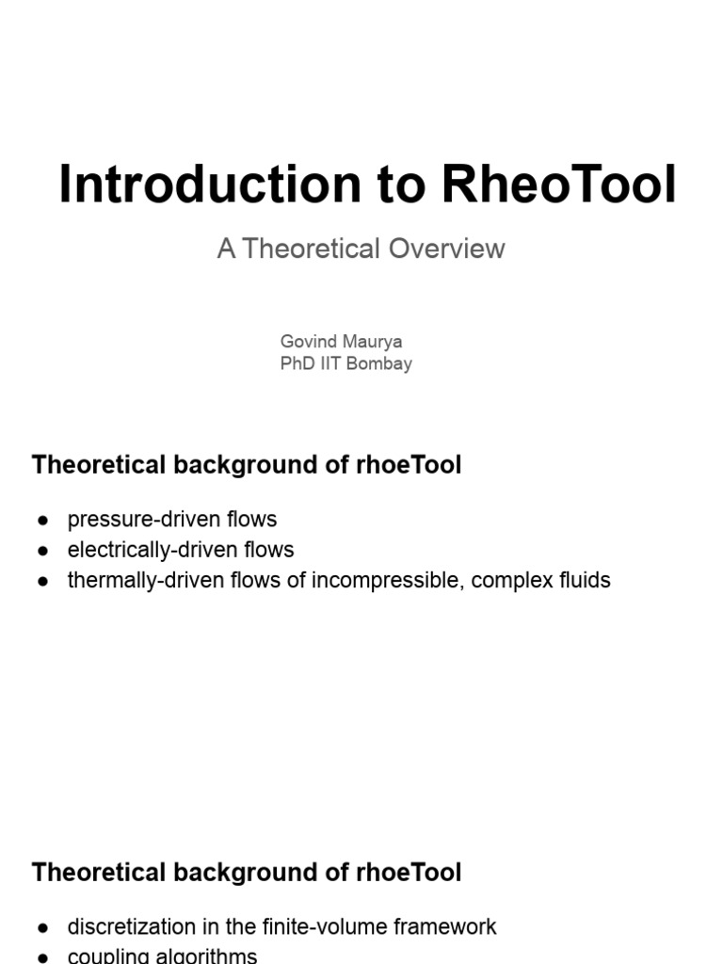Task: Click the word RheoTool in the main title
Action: pos(558,185)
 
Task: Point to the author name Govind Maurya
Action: pos(341,341)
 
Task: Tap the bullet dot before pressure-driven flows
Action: pos(42,521)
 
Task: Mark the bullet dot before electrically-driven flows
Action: pos(42,551)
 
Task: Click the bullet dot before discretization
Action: pos(42,927)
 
